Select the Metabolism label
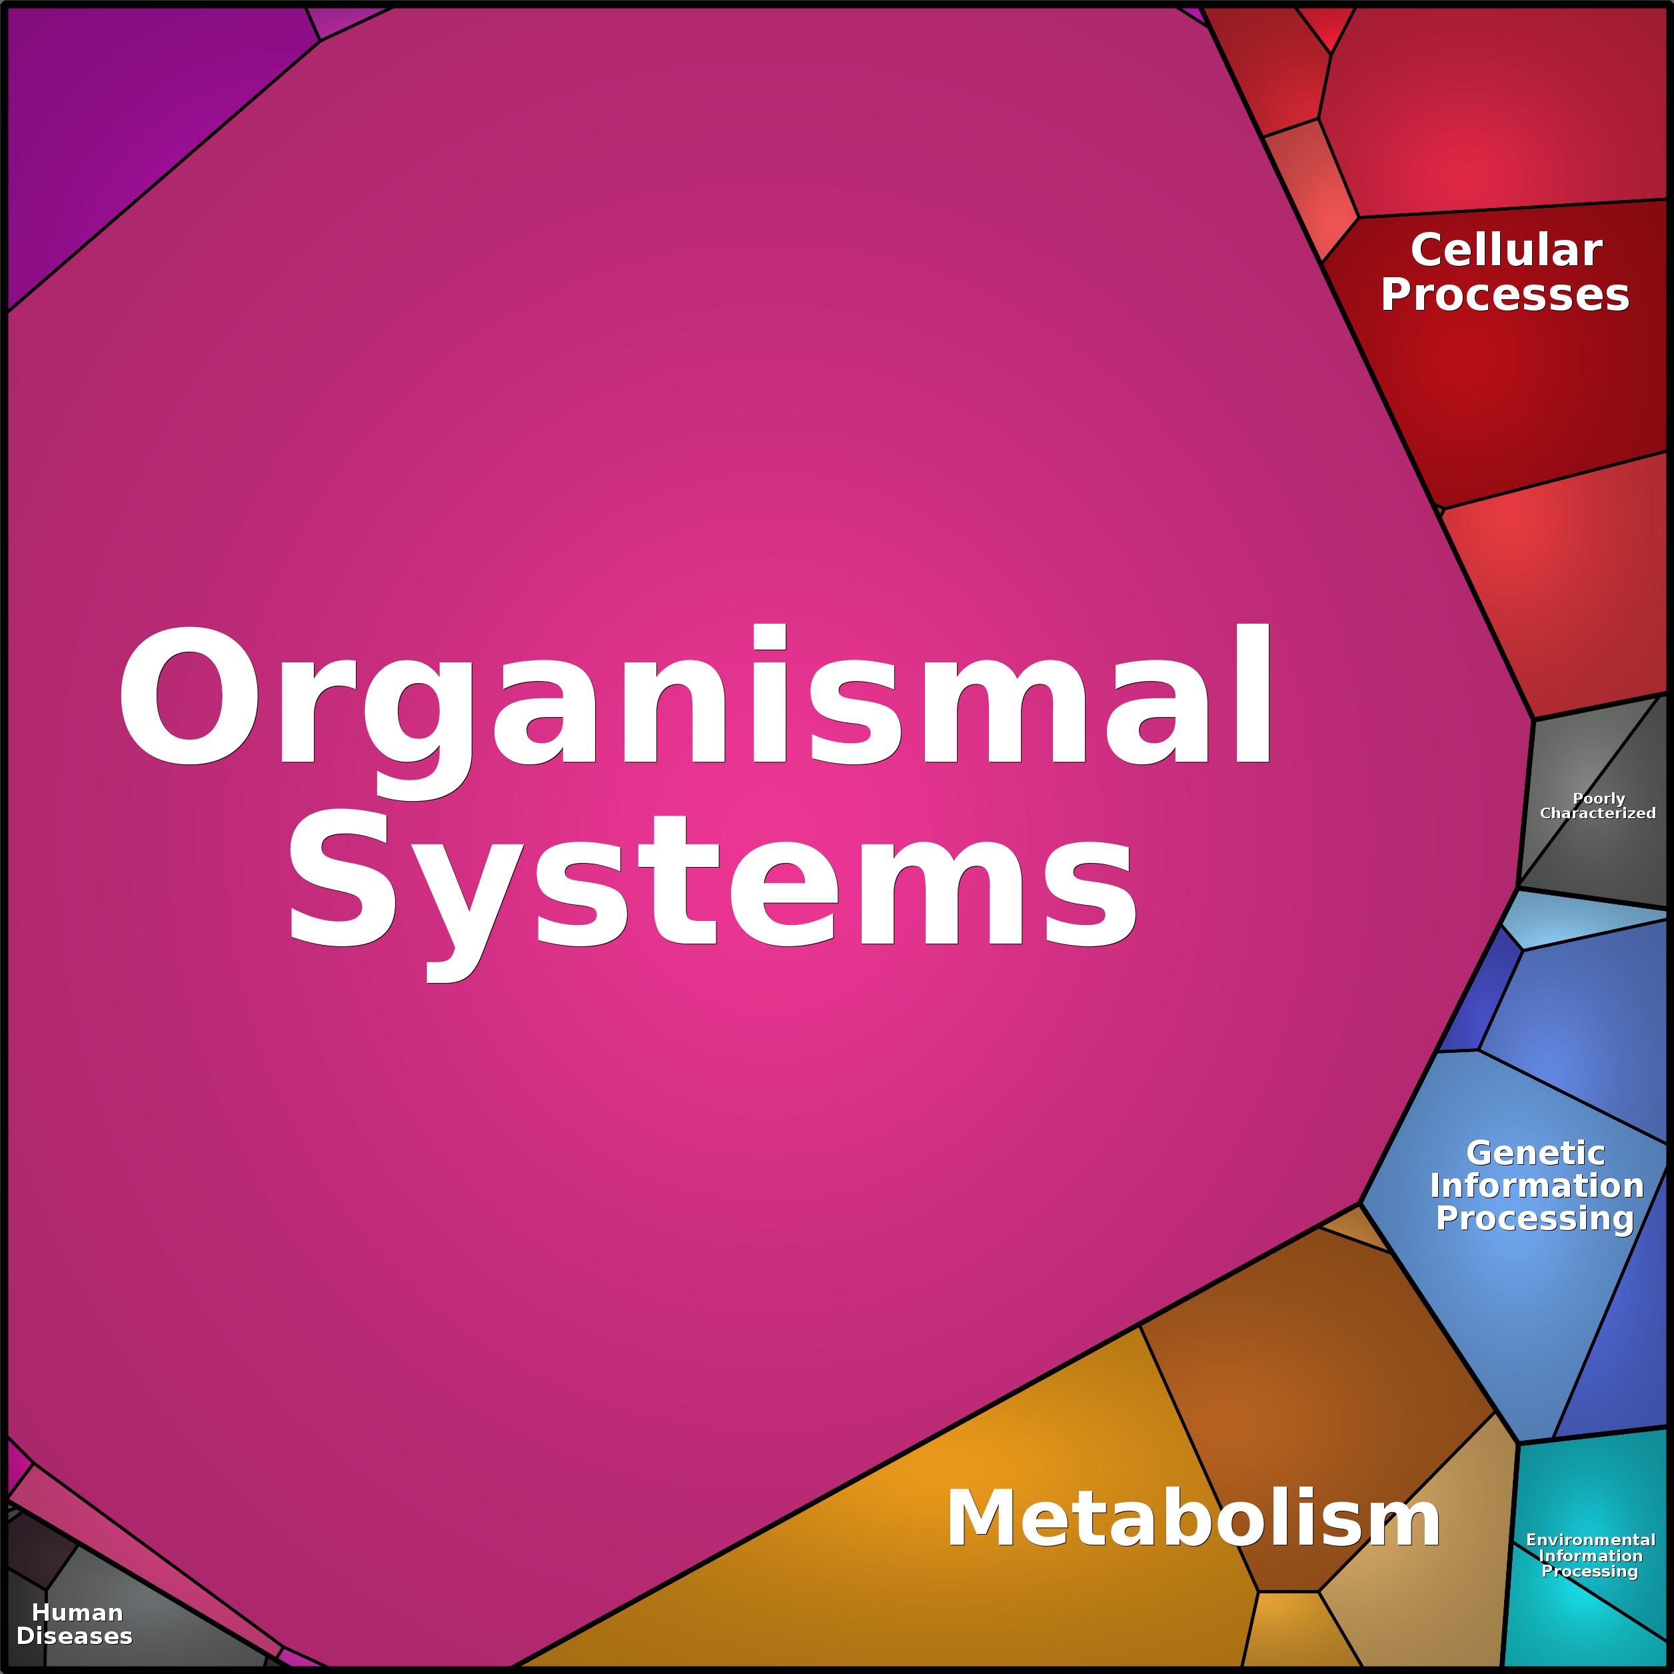tap(1192, 1517)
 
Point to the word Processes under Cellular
tap(1505, 295)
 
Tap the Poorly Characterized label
tap(1598, 806)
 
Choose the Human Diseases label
tap(75, 1624)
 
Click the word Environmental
tap(1591, 1539)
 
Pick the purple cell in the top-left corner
tap(130, 130)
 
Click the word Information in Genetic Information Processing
tap(1536, 1186)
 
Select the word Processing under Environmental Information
tap(1590, 1571)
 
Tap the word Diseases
tap(75, 1636)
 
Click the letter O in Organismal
tap(189, 695)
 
